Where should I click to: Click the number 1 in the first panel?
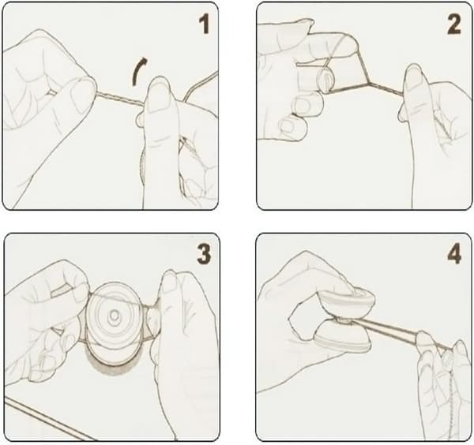(204, 24)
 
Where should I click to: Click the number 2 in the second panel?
(453, 24)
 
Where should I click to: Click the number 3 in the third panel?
(204, 254)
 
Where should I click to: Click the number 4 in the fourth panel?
(454, 254)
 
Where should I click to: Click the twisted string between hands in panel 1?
(120, 99)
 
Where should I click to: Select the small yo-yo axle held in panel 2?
(325, 79)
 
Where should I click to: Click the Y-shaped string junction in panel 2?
(368, 81)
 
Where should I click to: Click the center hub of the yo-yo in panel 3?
(115, 316)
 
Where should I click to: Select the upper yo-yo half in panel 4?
(348, 299)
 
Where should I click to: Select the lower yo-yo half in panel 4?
(341, 338)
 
